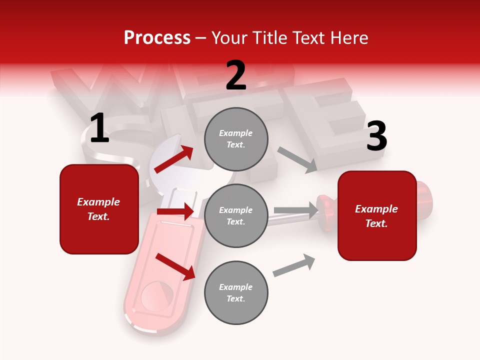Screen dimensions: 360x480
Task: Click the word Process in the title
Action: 157,38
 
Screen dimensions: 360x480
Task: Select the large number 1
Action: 99,128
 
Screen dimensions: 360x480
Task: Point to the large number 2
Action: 236,75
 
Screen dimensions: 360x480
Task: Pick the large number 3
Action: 376,136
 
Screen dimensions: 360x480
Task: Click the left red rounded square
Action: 99,209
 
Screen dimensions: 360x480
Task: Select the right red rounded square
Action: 377,215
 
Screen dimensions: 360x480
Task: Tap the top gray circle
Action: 236,139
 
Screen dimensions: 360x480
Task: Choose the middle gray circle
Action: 236,215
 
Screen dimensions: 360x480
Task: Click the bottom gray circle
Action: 236,292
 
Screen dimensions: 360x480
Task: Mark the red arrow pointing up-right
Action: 174,159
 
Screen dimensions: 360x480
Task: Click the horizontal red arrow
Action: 175,211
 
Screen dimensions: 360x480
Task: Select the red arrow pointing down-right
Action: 175,266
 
